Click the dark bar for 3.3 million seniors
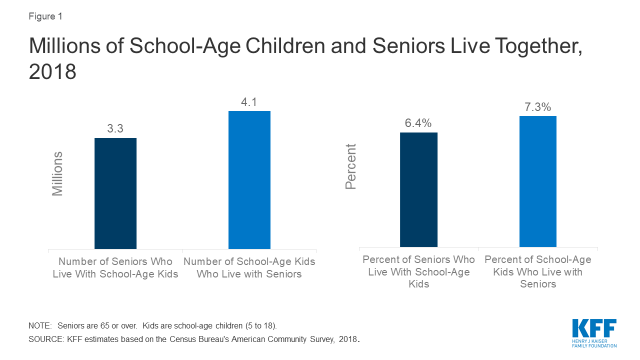pos(115,193)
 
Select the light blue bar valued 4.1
pos(249,180)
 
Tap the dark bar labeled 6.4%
pos(418,189)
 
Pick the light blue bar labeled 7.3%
pos(538,181)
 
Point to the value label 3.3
pos(115,128)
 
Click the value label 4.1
pos(249,102)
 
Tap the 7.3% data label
pos(537,107)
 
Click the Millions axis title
pos(57,173)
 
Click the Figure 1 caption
pos(45,16)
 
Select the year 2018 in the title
pos(52,72)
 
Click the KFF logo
pos(594,333)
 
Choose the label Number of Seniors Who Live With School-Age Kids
pos(115,267)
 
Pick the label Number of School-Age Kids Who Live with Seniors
pos(249,267)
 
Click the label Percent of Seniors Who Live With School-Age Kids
pos(418,271)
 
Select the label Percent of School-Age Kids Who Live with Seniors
pos(538,271)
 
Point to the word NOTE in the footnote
pos(39,325)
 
